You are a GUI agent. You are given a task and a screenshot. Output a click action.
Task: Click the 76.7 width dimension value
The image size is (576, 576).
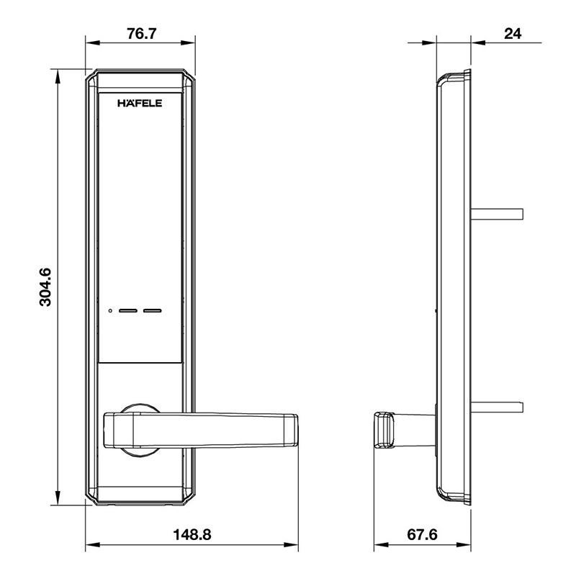(140, 34)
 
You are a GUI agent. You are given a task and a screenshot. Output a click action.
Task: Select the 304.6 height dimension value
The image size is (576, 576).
(45, 287)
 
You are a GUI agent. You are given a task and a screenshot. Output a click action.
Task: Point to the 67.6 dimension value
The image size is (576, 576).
(423, 535)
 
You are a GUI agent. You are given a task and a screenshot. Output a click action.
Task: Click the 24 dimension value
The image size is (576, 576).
(513, 34)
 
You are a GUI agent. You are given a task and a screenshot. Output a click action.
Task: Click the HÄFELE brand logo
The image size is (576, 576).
(140, 103)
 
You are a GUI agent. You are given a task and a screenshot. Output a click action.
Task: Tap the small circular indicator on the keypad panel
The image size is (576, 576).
(109, 312)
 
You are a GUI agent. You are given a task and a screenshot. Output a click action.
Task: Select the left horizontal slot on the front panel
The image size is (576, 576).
(127, 312)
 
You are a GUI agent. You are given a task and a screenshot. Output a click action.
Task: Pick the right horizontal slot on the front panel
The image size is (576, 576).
(152, 312)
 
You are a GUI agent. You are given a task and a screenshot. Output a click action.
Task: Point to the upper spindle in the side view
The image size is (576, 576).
(497, 214)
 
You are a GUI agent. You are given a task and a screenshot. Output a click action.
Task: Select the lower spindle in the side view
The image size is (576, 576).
(497, 407)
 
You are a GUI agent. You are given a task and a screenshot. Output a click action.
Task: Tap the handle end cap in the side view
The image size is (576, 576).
(383, 431)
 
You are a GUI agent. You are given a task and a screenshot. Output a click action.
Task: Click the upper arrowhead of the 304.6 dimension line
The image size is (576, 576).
(57, 73)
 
